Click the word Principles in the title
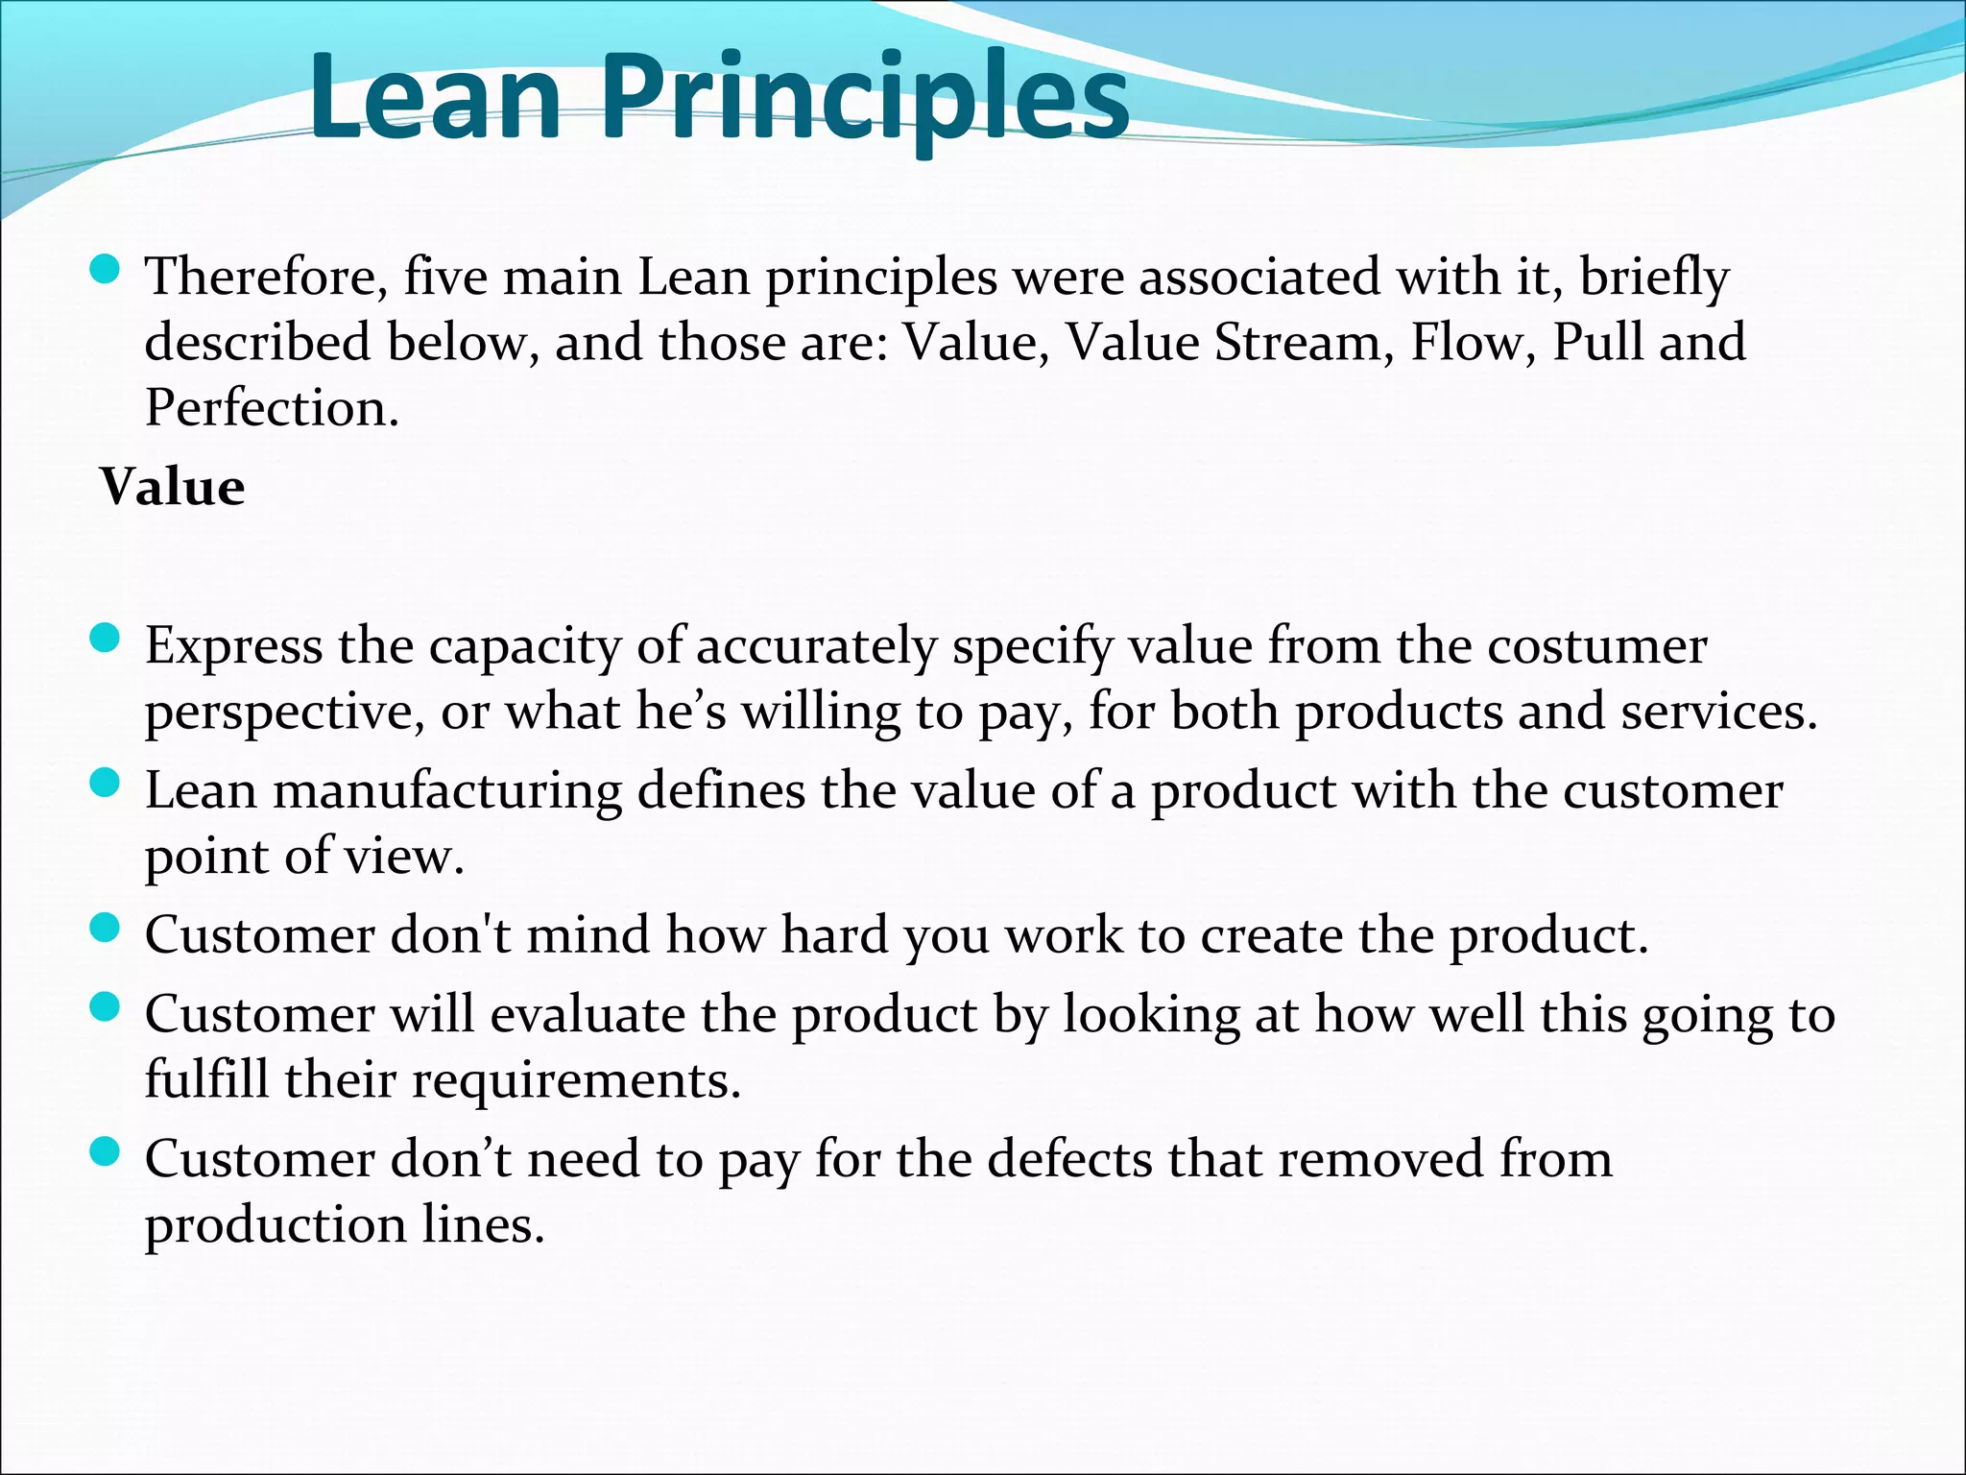pyautogui.click(x=864, y=101)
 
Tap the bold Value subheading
pyautogui.click(x=173, y=487)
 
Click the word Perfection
pyautogui.click(x=272, y=408)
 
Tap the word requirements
pyautogui.click(x=576, y=1080)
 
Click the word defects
pyautogui.click(x=1069, y=1159)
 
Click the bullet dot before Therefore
pyautogui.click(x=104, y=270)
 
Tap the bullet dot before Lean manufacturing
pyautogui.click(x=104, y=784)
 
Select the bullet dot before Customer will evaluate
pyautogui.click(x=104, y=1007)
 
